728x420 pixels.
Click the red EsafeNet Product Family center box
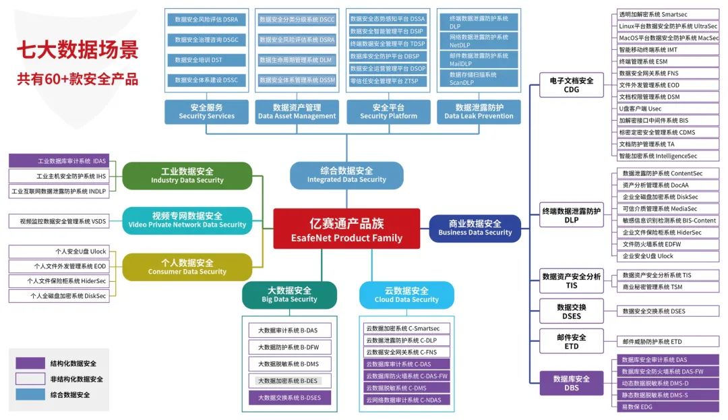pos(346,229)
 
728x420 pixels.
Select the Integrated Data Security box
pos(346,175)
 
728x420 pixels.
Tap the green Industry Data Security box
pos(187,175)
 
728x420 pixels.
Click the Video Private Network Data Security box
pos(187,220)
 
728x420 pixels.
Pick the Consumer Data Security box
pos(187,267)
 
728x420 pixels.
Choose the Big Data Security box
pos(289,295)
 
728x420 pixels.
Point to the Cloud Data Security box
pos(406,295)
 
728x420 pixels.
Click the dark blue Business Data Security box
pos(475,228)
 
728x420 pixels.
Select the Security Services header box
pos(207,111)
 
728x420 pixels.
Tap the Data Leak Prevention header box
pos(479,111)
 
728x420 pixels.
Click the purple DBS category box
pos(571,383)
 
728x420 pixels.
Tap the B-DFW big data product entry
pos(289,347)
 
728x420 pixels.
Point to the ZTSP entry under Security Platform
pos(388,81)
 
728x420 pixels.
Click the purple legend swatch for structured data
pos(30,363)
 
